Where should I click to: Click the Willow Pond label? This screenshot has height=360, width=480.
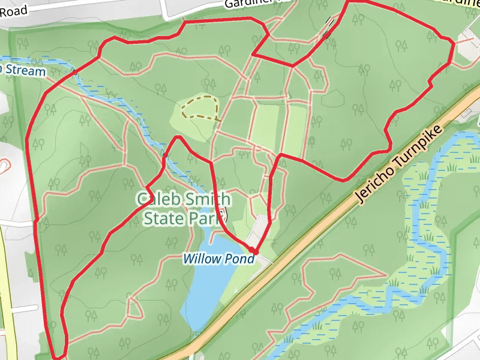(219, 259)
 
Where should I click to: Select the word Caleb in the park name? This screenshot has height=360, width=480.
(157, 199)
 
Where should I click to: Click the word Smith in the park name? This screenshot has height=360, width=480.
(203, 199)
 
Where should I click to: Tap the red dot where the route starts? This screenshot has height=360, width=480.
(253, 251)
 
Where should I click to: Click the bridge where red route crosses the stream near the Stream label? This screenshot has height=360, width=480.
(74, 73)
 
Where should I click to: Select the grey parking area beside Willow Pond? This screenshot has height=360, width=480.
(260, 229)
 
